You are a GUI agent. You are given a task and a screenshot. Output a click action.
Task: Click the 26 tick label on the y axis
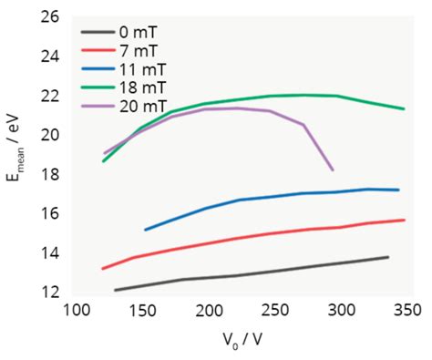[x=51, y=16]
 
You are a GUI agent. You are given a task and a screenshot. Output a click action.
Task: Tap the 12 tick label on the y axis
[x=51, y=292]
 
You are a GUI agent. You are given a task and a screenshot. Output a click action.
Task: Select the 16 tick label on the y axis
[x=51, y=213]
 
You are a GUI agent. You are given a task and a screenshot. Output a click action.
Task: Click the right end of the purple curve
[x=333, y=170]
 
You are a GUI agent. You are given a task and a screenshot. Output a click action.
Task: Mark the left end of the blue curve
[x=145, y=230]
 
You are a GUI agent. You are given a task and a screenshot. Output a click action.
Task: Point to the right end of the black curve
[x=389, y=257]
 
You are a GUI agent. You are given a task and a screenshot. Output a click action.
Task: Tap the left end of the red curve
[x=102, y=269]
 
